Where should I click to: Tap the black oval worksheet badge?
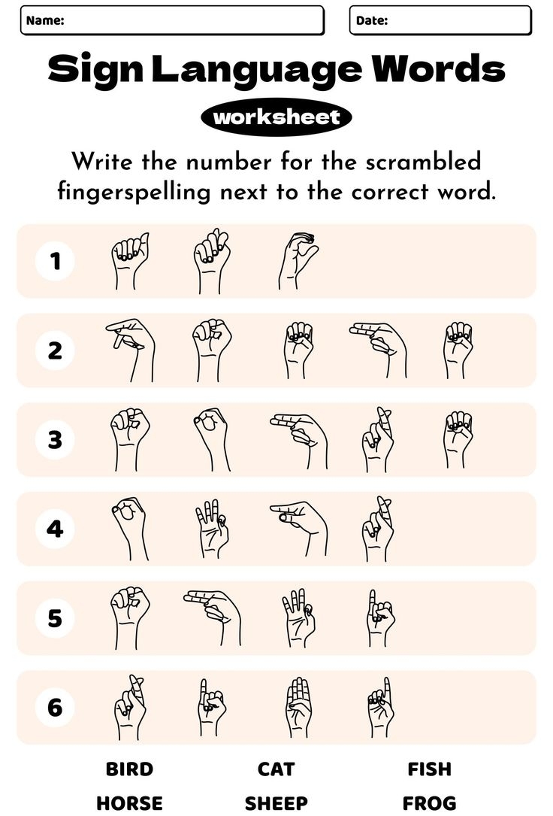click(x=276, y=117)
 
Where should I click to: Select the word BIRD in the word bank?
click(x=129, y=769)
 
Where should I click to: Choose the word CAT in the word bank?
click(x=276, y=769)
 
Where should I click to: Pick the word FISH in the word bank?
click(x=429, y=769)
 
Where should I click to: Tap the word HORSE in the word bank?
click(x=129, y=803)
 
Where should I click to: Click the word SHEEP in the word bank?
click(x=276, y=803)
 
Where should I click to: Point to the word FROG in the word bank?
click(x=429, y=803)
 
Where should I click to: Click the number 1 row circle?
click(x=55, y=262)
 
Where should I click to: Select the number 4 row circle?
click(x=55, y=529)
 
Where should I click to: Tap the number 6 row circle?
click(x=55, y=708)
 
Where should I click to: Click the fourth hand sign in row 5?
click(x=380, y=617)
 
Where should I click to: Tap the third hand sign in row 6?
click(x=298, y=707)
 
